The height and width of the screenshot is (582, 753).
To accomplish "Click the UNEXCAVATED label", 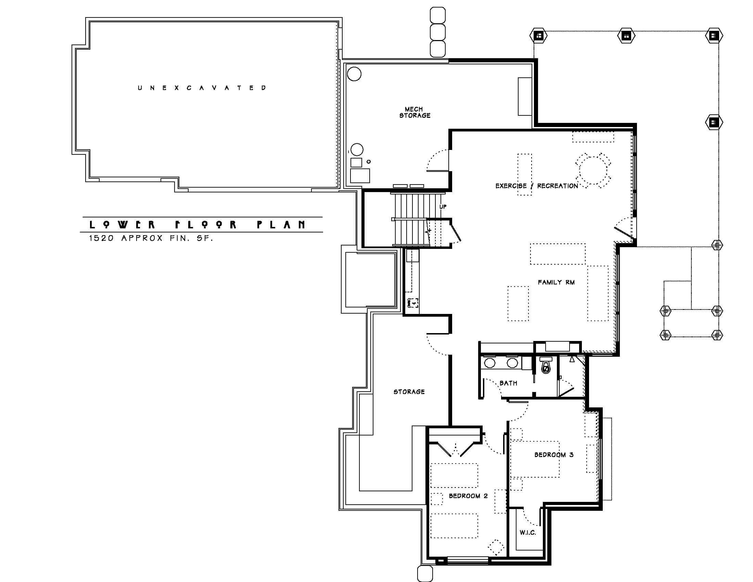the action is [202, 88].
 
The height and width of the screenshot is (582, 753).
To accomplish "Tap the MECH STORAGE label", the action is [415, 112].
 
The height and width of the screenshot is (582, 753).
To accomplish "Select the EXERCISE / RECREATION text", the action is [536, 186].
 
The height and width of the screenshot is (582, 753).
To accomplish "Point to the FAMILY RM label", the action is [556, 282].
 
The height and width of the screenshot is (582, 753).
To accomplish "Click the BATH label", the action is [508, 383].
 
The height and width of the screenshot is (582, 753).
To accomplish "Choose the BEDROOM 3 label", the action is [554, 455].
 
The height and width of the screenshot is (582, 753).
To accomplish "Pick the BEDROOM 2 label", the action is [468, 496].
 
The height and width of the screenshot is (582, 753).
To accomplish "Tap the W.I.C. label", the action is [528, 533].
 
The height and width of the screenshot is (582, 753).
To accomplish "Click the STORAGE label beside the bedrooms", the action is [409, 392].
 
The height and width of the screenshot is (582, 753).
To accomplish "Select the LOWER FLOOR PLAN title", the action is [197, 225].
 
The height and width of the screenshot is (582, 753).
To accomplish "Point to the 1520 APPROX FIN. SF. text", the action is [151, 238].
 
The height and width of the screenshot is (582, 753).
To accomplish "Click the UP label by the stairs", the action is [443, 206].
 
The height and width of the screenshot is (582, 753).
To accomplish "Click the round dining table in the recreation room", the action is [593, 170].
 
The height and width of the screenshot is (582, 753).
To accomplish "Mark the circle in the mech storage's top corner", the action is [354, 74].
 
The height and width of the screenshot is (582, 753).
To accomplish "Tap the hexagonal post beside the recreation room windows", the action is [714, 122].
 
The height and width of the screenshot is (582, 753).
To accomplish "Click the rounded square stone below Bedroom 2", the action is [425, 574].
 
